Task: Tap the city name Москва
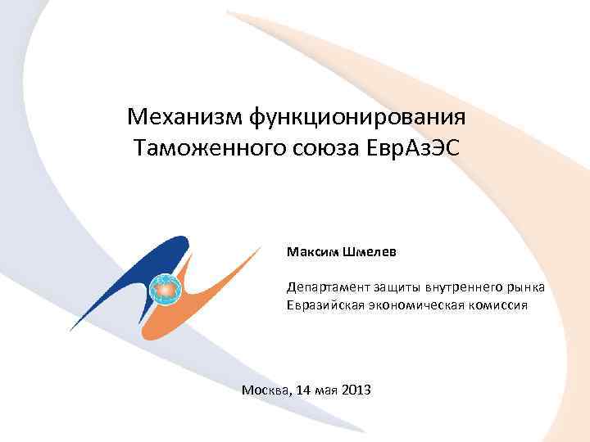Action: coord(265,390)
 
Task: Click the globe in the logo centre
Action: coord(168,287)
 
